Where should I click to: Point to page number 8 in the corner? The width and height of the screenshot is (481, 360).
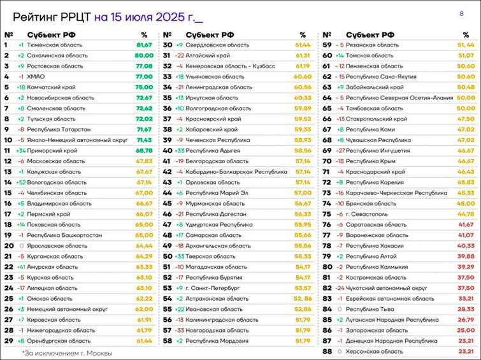coord(461,13)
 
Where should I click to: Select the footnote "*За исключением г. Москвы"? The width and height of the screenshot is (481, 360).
coord(67,352)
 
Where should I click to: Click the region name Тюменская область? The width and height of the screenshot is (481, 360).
coord(56,45)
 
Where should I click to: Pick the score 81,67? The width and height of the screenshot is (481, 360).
coord(144,45)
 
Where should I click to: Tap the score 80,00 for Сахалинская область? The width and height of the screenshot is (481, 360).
coord(144,55)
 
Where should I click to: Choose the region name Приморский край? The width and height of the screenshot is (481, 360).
coord(52,150)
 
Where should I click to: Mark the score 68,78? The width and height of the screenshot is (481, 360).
coord(144,150)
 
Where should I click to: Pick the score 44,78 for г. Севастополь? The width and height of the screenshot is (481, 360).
coord(466,214)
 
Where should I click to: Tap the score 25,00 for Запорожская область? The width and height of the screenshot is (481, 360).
coord(466,330)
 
